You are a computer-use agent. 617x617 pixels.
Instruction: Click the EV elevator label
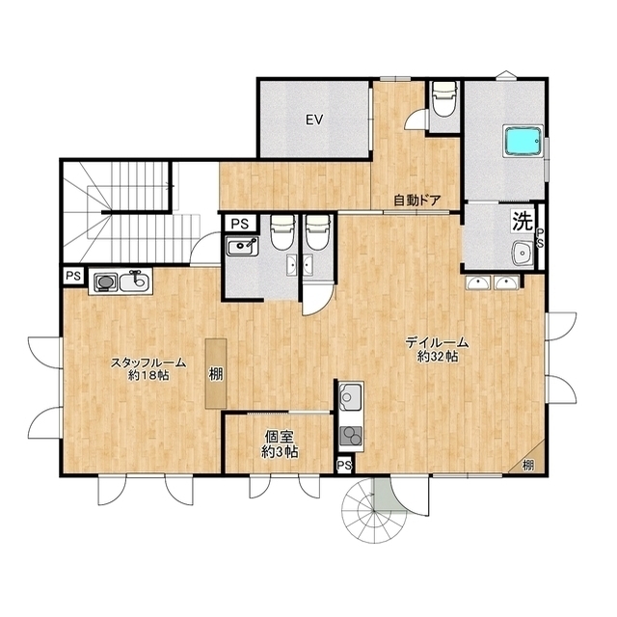coord(314,120)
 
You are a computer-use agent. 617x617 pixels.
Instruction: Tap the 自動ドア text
coord(417,201)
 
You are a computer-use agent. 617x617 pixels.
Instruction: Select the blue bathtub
coord(523,141)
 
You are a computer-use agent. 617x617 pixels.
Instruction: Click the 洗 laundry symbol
coord(523,221)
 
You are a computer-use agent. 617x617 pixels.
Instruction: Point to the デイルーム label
coord(437,343)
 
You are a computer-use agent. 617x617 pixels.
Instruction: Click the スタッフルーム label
coord(148,362)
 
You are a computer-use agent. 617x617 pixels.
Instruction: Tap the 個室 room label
coord(280,437)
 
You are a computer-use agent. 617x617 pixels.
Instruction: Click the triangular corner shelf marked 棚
coord(529,461)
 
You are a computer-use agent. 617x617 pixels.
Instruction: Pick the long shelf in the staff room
coord(216,373)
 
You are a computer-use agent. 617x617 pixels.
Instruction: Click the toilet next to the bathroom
coord(443,98)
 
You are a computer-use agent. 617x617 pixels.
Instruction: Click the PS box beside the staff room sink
coord(73,276)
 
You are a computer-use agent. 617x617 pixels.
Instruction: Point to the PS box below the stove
coord(344,466)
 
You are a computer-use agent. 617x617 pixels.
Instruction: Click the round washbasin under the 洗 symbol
coord(523,253)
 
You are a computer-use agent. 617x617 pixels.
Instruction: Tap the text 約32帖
coord(438,357)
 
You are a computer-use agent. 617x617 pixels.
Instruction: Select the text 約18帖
coord(148,376)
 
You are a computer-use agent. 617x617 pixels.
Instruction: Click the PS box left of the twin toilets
coord(239,224)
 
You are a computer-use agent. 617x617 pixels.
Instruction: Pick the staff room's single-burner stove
coord(105,282)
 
